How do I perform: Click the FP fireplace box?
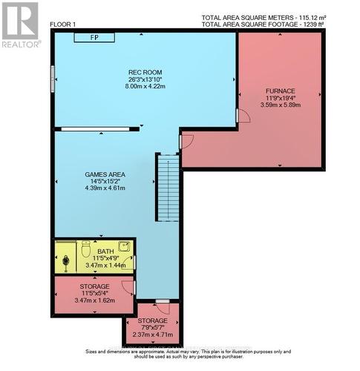pos(95,36)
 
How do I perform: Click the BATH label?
pos(105,252)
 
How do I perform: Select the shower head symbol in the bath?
pos(67,261)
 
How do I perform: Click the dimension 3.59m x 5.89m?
pos(281,105)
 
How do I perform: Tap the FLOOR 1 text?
pos(63,24)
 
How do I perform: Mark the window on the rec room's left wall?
pos(53,78)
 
